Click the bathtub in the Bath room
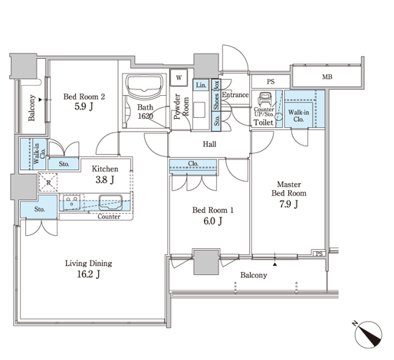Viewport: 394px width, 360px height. (x=145, y=87)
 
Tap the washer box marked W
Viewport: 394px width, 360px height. (x=179, y=77)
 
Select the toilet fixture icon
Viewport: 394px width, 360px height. (x=264, y=99)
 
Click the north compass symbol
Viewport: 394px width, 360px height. (x=368, y=334)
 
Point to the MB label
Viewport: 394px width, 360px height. (x=327, y=77)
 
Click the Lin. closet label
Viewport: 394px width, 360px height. (x=201, y=85)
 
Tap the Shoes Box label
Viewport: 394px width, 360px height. (x=216, y=95)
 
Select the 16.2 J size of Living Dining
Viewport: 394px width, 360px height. (x=89, y=274)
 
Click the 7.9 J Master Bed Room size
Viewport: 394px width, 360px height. (x=289, y=205)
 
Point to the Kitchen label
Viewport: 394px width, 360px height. (x=105, y=169)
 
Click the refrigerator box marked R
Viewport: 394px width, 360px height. (x=48, y=182)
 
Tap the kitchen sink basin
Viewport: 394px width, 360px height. (x=110, y=202)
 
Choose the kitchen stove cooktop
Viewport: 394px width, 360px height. (x=71, y=202)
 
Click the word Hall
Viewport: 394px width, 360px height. (x=209, y=144)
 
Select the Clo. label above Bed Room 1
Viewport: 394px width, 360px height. (x=193, y=163)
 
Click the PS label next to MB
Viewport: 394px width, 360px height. (x=271, y=82)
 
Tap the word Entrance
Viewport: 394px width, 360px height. (x=235, y=95)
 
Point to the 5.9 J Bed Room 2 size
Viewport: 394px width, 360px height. (x=84, y=106)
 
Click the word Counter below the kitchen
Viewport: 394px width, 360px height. (x=109, y=217)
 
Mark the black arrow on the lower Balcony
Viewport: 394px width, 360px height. (x=274, y=264)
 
